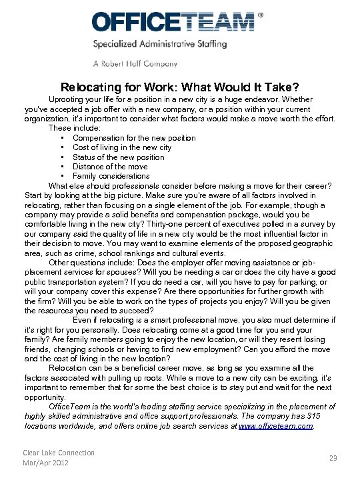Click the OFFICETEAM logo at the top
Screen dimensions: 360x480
click(173, 22)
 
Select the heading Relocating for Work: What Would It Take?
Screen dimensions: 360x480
click(180, 87)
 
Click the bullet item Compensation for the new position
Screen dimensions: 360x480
click(134, 138)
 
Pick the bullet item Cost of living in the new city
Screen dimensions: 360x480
click(122, 147)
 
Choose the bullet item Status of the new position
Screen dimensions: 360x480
click(118, 157)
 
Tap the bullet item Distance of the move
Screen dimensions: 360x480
click(110, 167)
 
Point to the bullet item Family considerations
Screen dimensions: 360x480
click(111, 176)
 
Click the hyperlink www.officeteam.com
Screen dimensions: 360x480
click(275, 425)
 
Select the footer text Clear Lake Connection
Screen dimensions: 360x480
click(59, 453)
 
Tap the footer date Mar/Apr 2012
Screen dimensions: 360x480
click(46, 463)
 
